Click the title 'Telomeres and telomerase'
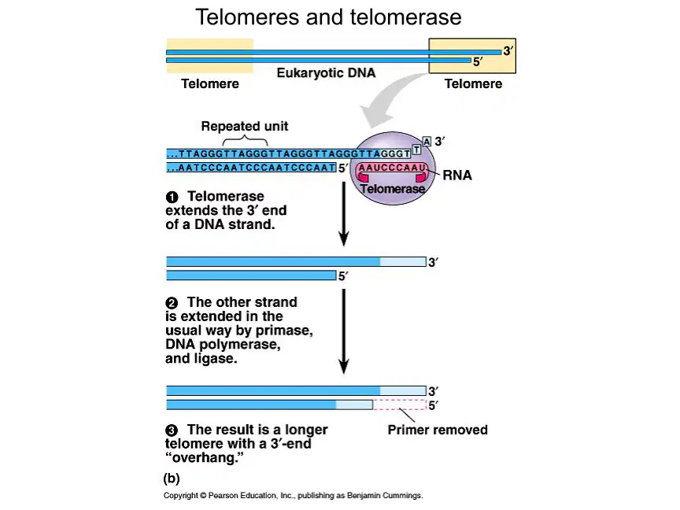[328, 17]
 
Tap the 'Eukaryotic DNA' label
[326, 73]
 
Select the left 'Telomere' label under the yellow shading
[210, 83]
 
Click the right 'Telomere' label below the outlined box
[473, 83]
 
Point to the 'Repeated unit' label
[245, 126]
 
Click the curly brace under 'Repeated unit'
[245, 141]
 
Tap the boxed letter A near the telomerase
[427, 142]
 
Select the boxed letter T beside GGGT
[416, 150]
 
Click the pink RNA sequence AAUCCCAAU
[392, 168]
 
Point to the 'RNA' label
[457, 176]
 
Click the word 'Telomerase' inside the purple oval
[393, 189]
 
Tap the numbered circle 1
[172, 198]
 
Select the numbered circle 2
[172, 303]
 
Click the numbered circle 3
[172, 431]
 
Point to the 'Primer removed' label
[438, 430]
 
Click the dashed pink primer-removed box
[399, 405]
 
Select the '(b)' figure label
[172, 479]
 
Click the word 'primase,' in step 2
[284, 331]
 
